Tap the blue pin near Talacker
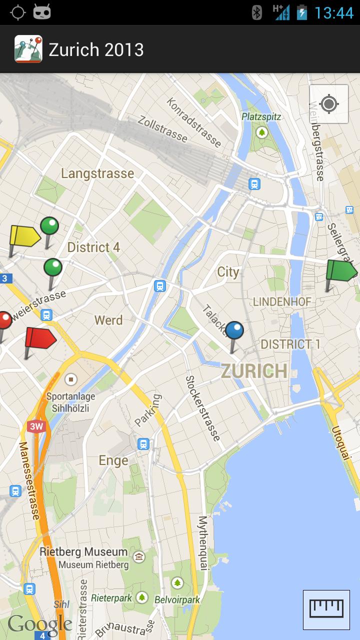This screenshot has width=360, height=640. [234, 331]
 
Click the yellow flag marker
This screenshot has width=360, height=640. [24, 236]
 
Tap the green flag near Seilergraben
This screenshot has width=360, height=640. [341, 270]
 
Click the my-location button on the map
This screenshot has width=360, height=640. [328, 104]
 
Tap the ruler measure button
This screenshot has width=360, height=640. [326, 609]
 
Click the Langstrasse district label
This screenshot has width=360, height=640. [97, 173]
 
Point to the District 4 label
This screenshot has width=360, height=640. [93, 247]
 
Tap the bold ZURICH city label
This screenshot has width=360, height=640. [254, 371]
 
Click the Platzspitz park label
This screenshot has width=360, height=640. [261, 116]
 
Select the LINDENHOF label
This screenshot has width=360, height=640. [282, 301]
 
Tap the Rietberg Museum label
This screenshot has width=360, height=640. [83, 552]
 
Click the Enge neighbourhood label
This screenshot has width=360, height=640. [113, 460]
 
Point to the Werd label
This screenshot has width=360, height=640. [108, 320]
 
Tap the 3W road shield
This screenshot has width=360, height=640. [35, 426]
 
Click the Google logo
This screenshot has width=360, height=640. [40, 623]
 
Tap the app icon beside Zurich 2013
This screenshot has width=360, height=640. [28, 49]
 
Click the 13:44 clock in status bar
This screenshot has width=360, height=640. [333, 12]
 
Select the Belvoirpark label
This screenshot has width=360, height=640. [177, 599]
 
